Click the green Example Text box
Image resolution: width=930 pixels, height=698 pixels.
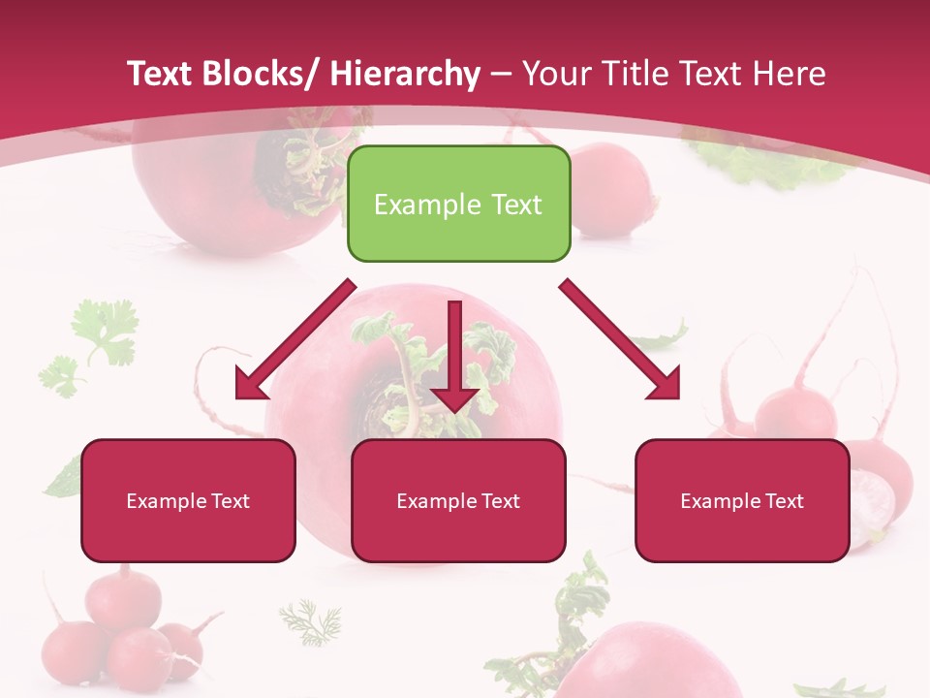458,204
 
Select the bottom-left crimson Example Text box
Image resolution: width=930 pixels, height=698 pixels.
188,500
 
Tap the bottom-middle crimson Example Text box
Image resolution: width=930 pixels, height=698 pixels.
458,500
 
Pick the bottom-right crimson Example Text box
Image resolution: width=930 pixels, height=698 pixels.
742,500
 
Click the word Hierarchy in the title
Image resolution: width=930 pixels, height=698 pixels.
405,75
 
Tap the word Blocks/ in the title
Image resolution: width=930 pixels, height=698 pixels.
259,75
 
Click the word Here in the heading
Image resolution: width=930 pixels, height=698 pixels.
790,75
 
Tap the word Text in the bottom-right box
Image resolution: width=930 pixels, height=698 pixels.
784,501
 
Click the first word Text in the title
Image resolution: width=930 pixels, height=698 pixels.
161,75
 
